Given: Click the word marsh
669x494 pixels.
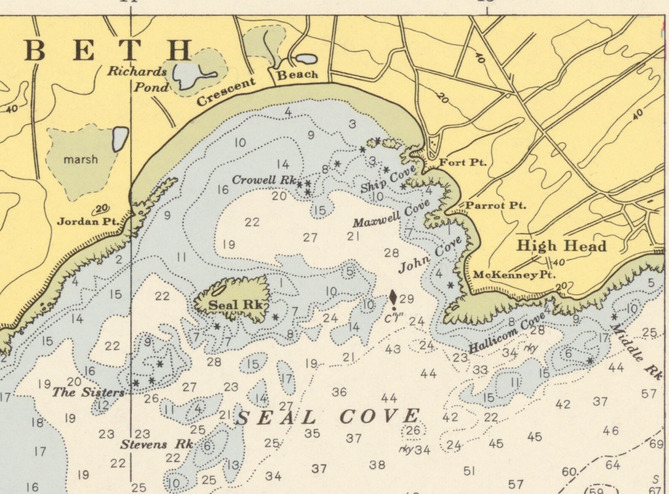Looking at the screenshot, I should point(80,159).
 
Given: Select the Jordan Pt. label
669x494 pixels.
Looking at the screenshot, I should point(88,221).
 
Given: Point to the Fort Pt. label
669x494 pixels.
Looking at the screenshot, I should point(463,162).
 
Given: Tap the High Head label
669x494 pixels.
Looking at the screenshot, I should point(561,246).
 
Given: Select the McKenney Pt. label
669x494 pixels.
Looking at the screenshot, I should point(514,275).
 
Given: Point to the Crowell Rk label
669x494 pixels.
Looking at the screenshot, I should point(264,180).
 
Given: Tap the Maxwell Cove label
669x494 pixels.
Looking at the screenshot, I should point(391,213).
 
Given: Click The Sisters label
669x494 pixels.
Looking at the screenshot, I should point(88,392).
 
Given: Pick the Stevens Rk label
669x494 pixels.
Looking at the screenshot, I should point(157,444).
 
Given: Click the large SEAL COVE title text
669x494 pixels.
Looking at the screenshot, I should point(328,417).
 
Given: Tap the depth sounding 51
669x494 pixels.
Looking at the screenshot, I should point(469,470).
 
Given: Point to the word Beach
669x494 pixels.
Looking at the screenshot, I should point(297,75).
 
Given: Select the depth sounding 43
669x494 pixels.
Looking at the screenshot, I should point(392,349).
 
